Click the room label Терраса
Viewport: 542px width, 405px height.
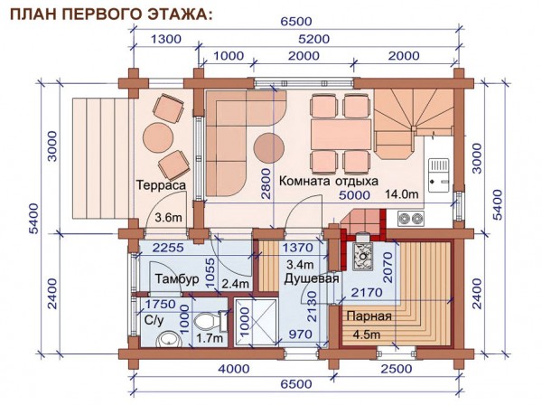161,185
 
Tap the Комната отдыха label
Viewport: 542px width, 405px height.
329,181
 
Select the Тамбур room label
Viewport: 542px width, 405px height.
177,278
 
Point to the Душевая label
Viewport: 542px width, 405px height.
312,278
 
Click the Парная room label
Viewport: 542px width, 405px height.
369,316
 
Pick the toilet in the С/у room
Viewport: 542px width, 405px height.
210,321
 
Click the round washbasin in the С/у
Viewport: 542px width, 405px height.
169,339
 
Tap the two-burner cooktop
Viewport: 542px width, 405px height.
411,219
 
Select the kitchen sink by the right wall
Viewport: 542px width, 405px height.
439,174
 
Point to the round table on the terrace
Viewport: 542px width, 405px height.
158,137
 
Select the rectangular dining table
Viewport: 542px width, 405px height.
341,134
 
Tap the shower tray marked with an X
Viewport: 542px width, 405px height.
256,323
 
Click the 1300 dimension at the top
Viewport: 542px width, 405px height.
166,39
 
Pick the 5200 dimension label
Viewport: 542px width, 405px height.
314,39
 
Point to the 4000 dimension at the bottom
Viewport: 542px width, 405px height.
234,369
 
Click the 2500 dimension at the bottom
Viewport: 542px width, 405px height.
397,369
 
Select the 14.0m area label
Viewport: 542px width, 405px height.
402,194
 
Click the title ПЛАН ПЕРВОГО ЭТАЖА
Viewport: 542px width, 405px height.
111,14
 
